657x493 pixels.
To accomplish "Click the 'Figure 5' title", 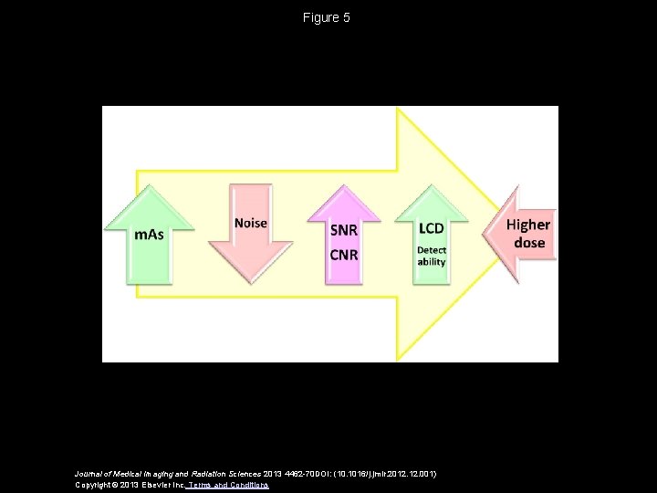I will (x=327, y=17).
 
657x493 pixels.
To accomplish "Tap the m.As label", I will (x=150, y=235).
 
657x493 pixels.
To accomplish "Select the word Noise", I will (x=251, y=223).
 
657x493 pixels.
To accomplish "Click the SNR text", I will (x=343, y=230).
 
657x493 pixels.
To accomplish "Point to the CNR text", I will (x=343, y=254).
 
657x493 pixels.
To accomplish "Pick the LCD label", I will (x=432, y=228).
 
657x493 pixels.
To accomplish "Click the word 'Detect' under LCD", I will (x=432, y=249).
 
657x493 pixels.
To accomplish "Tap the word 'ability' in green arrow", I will (x=432, y=262).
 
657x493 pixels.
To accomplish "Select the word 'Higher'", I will (x=528, y=225).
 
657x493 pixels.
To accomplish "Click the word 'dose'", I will (x=529, y=243).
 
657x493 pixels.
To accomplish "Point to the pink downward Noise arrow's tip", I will (x=251, y=282).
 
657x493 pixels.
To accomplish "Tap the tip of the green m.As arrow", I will (x=150, y=187).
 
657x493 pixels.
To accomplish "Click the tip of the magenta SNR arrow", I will (x=343, y=187).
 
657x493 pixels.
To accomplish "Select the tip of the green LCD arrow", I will (x=432, y=187).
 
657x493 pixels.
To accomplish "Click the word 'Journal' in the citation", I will (x=90, y=474).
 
